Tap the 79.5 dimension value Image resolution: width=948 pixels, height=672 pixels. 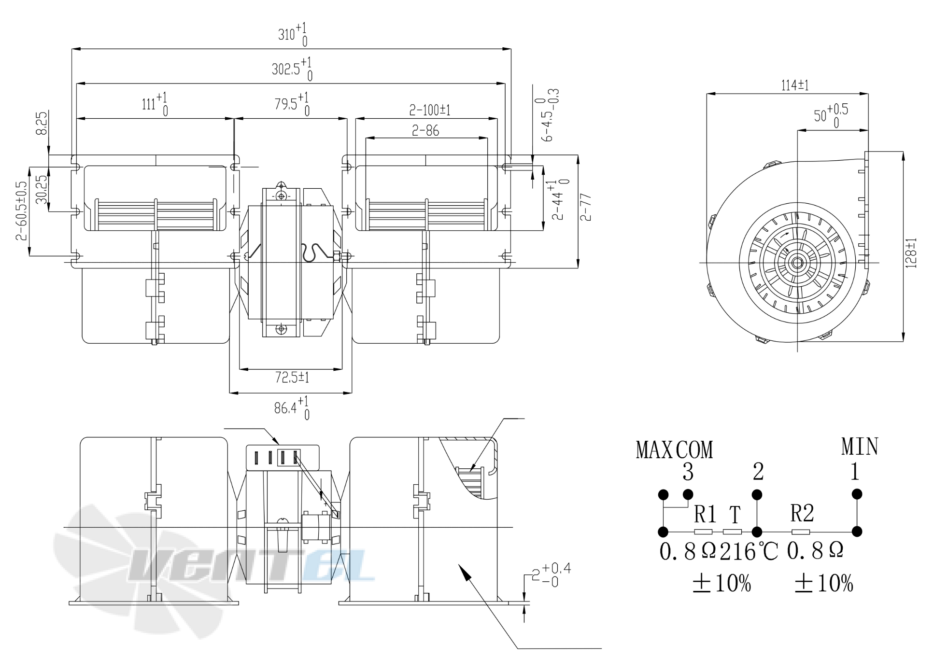pyautogui.click(x=292, y=104)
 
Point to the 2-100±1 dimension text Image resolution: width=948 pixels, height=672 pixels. pyautogui.click(x=429, y=110)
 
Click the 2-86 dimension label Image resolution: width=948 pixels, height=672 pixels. pyautogui.click(x=425, y=131)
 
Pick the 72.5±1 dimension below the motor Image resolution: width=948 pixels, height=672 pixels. pyautogui.click(x=292, y=378)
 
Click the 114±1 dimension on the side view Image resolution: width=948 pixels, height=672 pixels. pyautogui.click(x=795, y=85)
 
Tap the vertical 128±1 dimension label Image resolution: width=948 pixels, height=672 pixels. pyautogui.click(x=911, y=253)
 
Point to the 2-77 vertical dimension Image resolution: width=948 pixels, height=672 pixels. pyautogui.click(x=585, y=207)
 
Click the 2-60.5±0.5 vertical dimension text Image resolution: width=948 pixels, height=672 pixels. pyautogui.click(x=21, y=211)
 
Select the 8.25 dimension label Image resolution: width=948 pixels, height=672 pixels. pyautogui.click(x=42, y=124)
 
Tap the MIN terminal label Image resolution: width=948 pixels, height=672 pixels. pyautogui.click(x=860, y=447)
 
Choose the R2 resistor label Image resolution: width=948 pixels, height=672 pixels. pyautogui.click(x=802, y=514)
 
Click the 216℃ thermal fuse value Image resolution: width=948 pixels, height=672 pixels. pyautogui.click(x=749, y=551)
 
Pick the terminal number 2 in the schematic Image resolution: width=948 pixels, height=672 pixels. pyautogui.click(x=758, y=471)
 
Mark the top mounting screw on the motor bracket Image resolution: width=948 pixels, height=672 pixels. pyautogui.click(x=280, y=196)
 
